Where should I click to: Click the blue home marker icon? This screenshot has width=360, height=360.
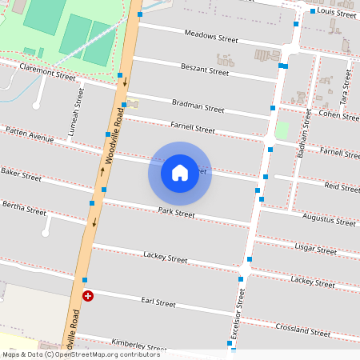(180, 173)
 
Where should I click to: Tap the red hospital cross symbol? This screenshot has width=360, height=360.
(88, 296)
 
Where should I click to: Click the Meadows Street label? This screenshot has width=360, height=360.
(211, 37)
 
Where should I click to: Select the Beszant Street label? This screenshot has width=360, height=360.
(205, 70)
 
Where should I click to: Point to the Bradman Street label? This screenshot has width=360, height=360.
(198, 106)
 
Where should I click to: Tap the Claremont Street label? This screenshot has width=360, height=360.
(47, 74)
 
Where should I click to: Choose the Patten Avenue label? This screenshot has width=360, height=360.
(29, 134)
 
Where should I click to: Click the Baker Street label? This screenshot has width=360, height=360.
(21, 174)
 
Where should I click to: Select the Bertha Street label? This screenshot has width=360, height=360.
(24, 210)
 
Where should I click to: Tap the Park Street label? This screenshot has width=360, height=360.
(176, 213)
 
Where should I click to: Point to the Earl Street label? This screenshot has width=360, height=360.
(158, 302)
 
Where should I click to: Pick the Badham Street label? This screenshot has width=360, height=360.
(304, 132)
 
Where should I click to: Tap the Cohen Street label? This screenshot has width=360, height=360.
(339, 114)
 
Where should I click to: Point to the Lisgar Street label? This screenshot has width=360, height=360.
(317, 250)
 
